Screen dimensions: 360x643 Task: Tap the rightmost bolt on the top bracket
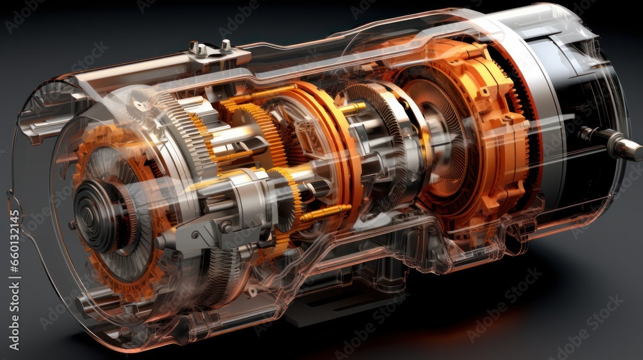226,46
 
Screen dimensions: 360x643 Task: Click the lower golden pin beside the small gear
325,213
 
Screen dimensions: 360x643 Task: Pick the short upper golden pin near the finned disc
352,107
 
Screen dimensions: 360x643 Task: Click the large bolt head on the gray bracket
225,226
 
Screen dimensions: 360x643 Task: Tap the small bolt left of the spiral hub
71,225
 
